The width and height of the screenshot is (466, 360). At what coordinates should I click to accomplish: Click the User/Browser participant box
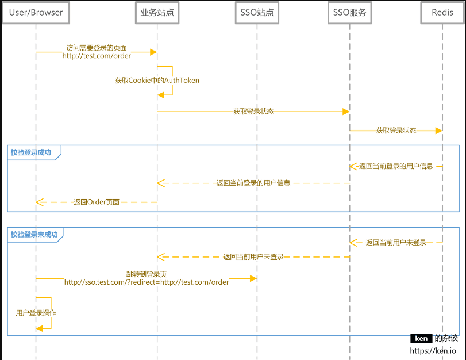[36, 13]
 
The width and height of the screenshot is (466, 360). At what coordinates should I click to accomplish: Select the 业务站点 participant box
[157, 13]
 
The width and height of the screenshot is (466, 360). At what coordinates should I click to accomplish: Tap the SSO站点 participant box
[257, 13]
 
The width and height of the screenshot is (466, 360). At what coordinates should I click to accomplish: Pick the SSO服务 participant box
[350, 13]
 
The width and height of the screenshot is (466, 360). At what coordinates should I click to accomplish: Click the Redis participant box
[442, 13]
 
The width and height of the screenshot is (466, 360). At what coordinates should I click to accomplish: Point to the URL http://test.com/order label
[97, 56]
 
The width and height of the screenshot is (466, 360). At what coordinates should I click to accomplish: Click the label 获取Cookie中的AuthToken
[157, 81]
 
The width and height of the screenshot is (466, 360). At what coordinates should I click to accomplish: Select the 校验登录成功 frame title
[31, 152]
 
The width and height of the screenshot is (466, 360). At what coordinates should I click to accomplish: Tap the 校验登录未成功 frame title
[34, 235]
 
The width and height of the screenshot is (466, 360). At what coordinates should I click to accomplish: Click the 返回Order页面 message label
[97, 202]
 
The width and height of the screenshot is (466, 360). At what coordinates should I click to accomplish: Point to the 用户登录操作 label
[36, 313]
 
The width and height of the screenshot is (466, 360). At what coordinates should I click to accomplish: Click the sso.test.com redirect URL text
[147, 282]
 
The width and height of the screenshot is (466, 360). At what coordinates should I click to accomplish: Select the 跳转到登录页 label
[147, 274]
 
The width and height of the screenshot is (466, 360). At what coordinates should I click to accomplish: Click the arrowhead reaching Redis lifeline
[439, 131]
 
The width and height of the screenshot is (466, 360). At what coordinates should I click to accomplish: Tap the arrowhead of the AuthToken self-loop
[161, 95]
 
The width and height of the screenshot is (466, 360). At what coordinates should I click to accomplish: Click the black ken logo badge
[421, 338]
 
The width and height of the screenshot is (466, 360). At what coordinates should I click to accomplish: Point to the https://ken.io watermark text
[433, 351]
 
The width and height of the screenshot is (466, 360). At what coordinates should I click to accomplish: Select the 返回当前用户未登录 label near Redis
[396, 243]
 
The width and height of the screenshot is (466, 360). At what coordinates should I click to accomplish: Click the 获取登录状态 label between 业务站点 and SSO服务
[253, 112]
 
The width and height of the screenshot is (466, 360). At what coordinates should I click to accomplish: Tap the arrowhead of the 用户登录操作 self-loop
[40, 328]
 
